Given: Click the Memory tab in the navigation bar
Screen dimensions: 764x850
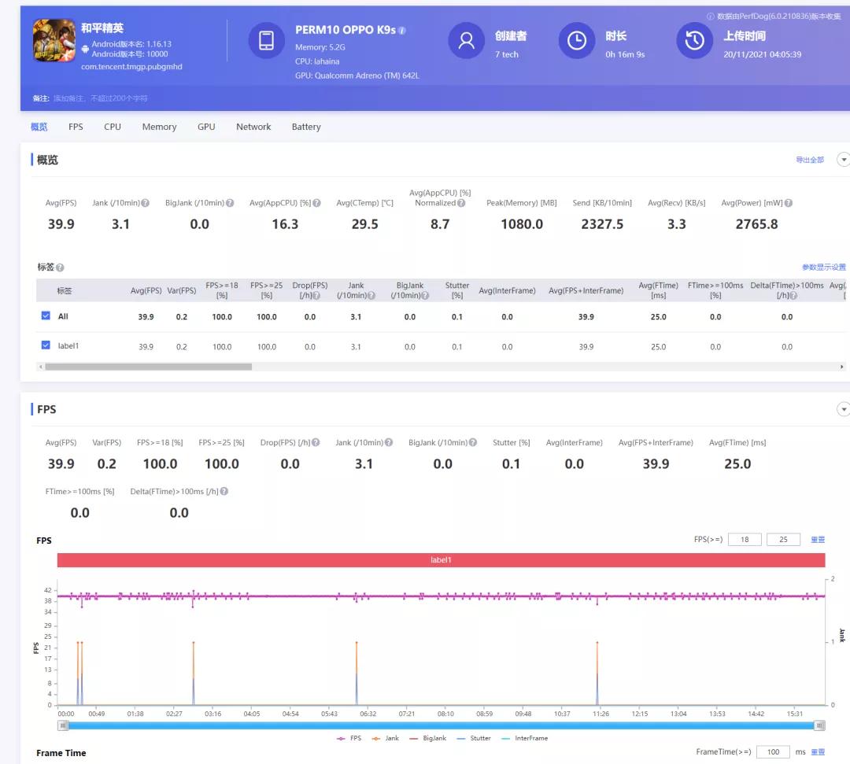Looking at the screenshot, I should tap(159, 127).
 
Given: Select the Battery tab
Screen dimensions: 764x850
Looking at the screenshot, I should tap(306, 127).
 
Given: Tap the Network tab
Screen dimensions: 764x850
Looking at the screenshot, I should tap(253, 127).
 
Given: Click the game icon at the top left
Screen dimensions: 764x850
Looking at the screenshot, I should tap(54, 40).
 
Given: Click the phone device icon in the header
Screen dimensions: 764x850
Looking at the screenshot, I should tap(266, 40).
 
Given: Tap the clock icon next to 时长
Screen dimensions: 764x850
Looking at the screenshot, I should tap(577, 40).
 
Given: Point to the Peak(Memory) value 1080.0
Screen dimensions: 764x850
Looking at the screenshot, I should tap(522, 224).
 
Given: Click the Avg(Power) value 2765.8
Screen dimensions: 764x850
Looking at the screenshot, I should tap(756, 224).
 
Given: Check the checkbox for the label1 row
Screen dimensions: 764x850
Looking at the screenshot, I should tap(46, 345).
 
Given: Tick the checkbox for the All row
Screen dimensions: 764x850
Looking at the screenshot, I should tap(46, 316).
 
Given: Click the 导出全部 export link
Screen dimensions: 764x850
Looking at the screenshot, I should tap(809, 161).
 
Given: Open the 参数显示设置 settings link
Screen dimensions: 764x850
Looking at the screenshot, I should tap(823, 268).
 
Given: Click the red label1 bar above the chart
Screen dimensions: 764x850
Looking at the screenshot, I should tap(441, 560).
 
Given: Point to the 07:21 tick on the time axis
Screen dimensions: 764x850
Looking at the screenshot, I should tap(407, 714).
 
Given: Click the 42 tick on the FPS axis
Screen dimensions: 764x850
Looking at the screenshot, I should tap(48, 590).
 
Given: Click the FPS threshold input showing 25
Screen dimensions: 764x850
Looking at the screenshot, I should tap(783, 540).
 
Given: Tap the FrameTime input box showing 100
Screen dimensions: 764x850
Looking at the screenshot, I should tap(773, 752).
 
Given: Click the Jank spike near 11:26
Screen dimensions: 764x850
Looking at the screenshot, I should tap(597, 643).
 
